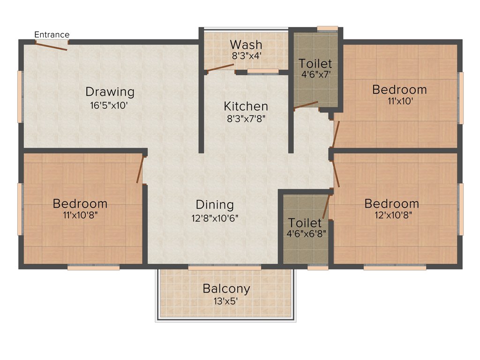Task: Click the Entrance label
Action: [x=52, y=35]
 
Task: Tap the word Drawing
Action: [x=110, y=92]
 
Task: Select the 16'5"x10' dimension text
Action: [x=109, y=105]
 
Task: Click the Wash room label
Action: [x=246, y=45]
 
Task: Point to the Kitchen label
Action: [x=246, y=106]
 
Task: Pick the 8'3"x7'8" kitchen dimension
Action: [x=246, y=119]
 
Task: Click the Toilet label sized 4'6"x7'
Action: [x=315, y=63]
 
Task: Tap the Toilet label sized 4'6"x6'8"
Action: [x=305, y=223]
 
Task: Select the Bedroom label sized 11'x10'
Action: [x=399, y=89]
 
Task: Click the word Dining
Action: [x=214, y=205]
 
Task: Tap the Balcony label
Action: [x=226, y=289]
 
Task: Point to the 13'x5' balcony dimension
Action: [x=226, y=301]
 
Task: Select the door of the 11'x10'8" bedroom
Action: [x=140, y=169]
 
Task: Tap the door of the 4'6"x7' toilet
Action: [x=306, y=105]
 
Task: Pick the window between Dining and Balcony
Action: [x=225, y=267]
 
